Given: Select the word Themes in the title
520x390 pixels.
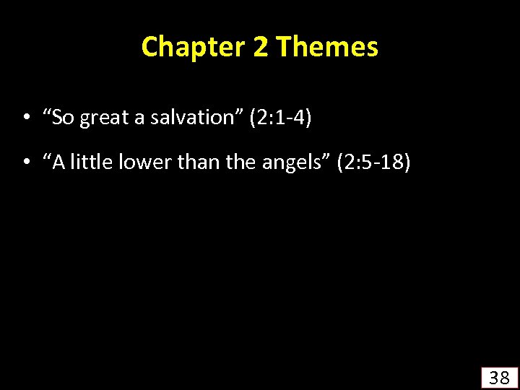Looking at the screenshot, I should tap(327, 48).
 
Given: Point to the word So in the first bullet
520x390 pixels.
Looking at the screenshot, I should tap(63, 118).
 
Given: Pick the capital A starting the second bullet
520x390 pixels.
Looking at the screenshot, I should tap(58, 164).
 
